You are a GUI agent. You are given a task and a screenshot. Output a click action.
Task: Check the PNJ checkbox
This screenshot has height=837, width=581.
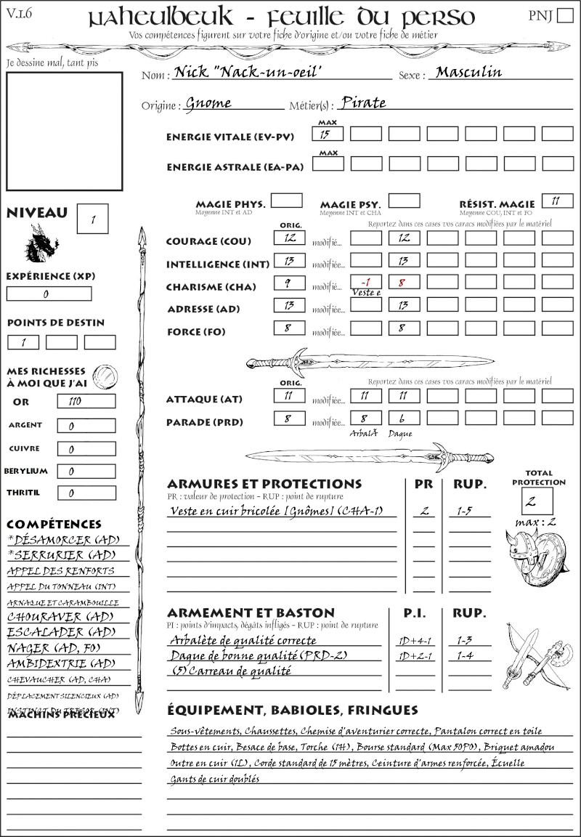[x=564, y=17]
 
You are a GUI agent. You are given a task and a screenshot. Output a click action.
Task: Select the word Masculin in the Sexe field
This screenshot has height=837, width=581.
[x=468, y=73]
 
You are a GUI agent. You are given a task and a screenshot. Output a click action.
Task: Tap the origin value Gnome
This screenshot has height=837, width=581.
[x=208, y=103]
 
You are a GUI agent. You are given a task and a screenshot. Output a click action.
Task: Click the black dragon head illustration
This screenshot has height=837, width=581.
[x=40, y=243]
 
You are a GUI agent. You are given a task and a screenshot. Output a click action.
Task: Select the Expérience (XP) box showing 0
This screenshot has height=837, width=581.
[x=49, y=294]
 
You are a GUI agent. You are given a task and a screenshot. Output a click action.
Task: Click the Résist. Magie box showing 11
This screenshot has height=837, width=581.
[x=556, y=201]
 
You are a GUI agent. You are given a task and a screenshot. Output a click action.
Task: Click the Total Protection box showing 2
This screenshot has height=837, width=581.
[x=537, y=501]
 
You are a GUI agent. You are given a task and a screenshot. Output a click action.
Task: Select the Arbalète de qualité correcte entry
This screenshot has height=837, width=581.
[x=243, y=640]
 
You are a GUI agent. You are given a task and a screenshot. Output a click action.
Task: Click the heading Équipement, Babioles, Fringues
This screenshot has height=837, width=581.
[x=292, y=709]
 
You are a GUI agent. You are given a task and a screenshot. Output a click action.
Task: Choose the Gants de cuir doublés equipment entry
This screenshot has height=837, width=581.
[x=214, y=778]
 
